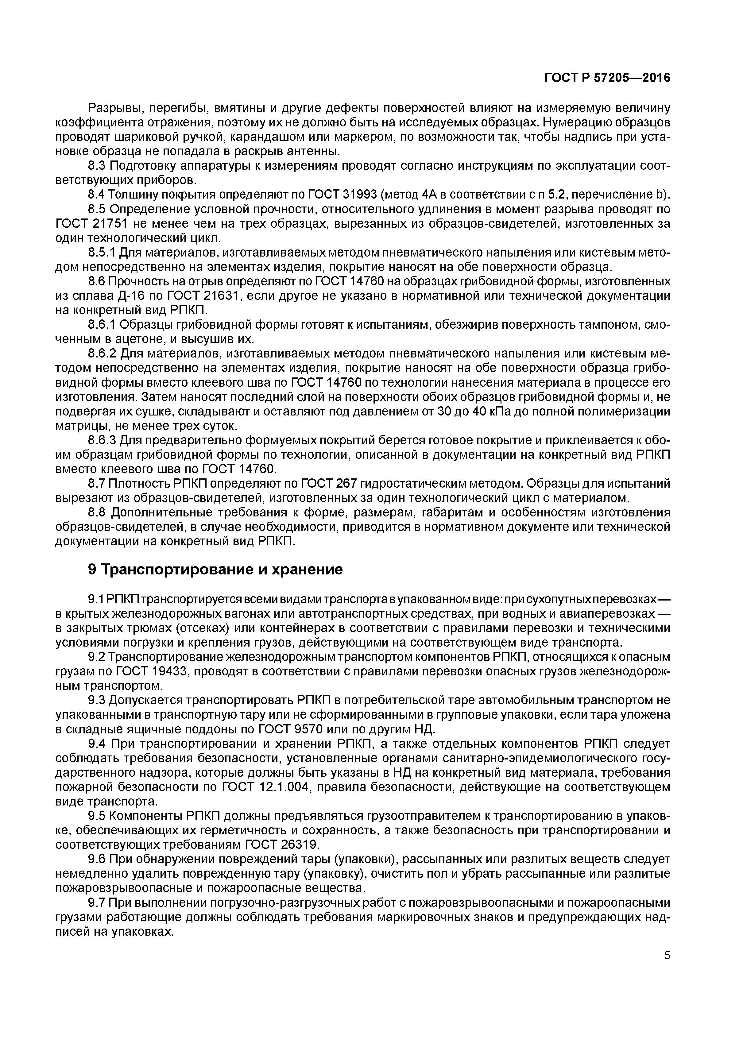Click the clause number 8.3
97,166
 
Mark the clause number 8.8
97,513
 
